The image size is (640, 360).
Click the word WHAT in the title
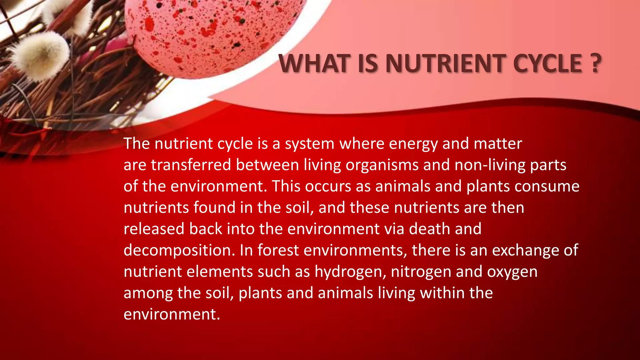click(314, 64)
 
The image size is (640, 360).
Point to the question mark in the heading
click(596, 64)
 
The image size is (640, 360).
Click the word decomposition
click(179, 251)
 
